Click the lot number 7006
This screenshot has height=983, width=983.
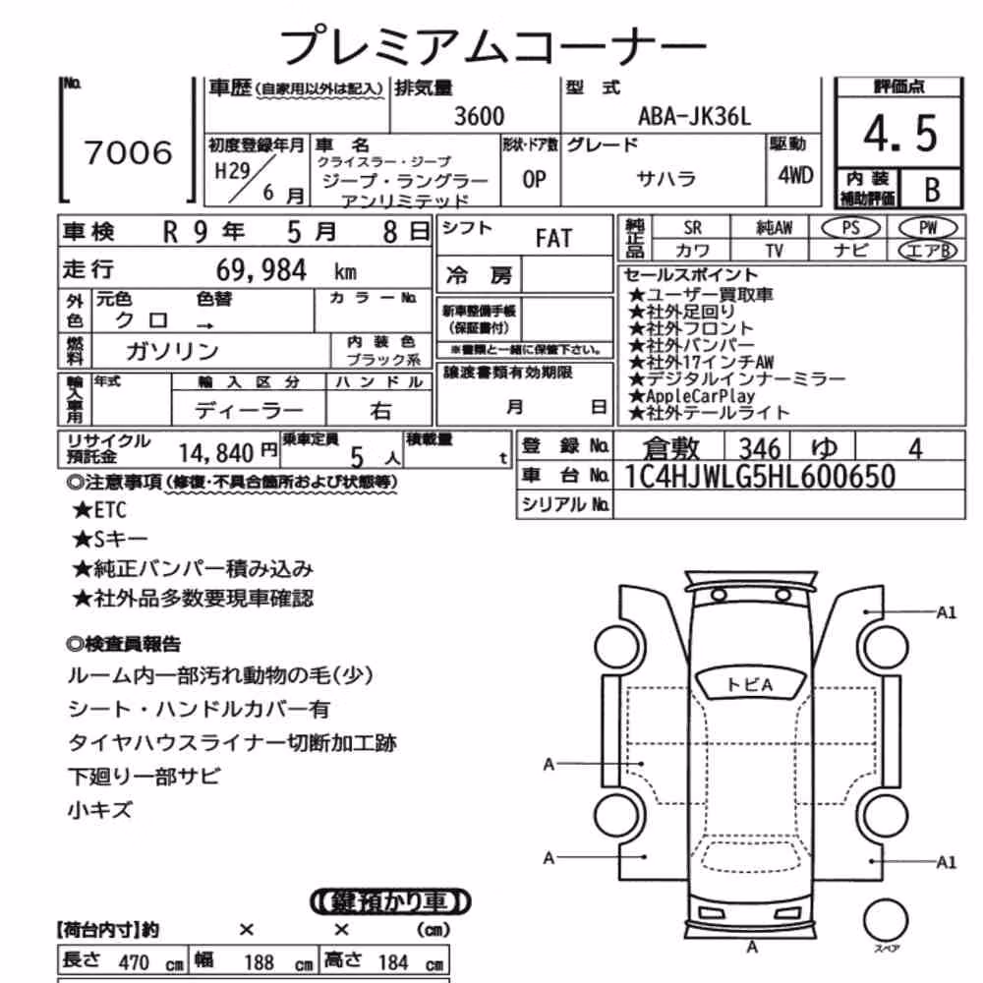128,152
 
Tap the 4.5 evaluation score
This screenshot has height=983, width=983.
900,134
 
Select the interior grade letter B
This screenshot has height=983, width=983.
932,190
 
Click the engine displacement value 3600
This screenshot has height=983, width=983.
479,116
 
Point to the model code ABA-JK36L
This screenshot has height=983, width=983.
694,117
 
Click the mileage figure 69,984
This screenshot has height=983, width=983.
261,270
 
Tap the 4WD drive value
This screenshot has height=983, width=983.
795,176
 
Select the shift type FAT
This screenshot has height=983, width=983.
553,238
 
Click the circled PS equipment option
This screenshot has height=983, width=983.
850,228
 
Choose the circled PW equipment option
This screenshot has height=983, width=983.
929,228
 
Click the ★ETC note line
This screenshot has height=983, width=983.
99,510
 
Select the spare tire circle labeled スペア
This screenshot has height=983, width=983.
886,920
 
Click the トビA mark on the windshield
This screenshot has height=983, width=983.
750,684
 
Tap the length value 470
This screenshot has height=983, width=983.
134,962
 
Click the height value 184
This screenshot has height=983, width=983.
393,962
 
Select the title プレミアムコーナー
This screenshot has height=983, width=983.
492,44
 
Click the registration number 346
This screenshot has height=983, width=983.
760,449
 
